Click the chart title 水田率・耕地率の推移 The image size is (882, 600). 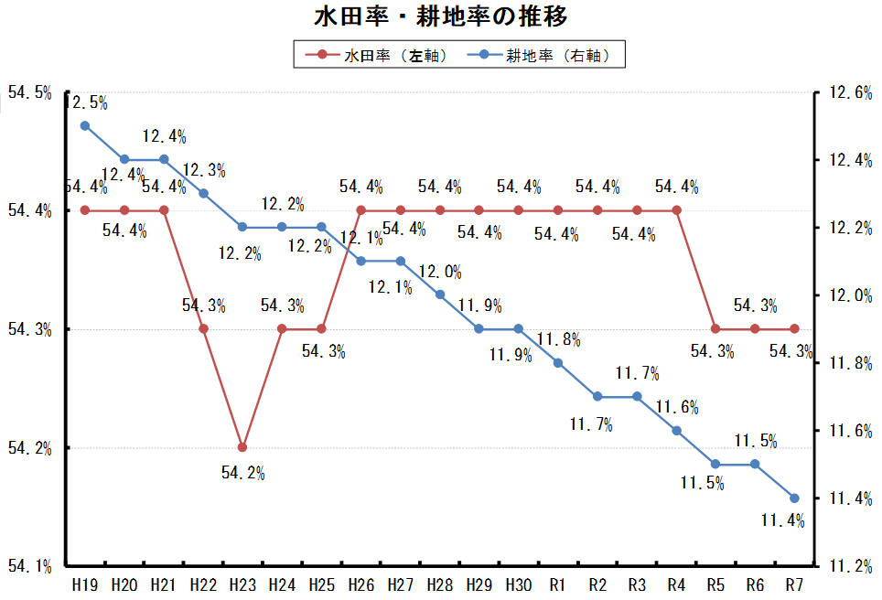tap(440, 17)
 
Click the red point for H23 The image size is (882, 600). tap(242, 447)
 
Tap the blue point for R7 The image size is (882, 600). tap(794, 498)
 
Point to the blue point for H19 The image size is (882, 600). tap(85, 125)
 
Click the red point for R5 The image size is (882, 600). tap(715, 328)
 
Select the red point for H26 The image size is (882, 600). tap(360, 210)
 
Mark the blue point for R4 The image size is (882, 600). tap(676, 430)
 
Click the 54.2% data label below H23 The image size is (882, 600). tap(242, 473)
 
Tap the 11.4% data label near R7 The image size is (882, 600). tap(782, 521)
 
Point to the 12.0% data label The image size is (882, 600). tap(440, 272)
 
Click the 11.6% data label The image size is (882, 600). tap(677, 406)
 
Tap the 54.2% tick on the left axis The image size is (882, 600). tap(28, 448)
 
